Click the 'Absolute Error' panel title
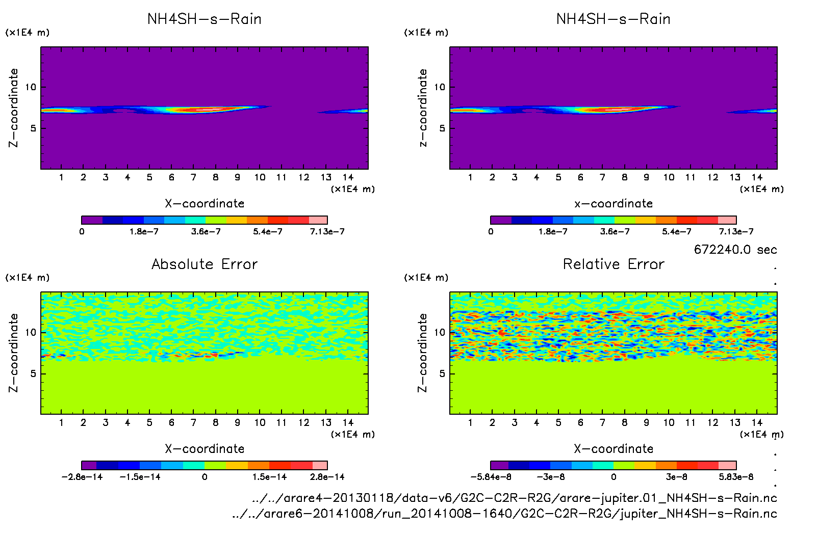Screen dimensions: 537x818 (x=205, y=264)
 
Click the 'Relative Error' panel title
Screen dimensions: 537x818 (x=613, y=264)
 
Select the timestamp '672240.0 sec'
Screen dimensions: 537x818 (x=735, y=250)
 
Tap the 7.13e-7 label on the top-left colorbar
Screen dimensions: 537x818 (x=327, y=232)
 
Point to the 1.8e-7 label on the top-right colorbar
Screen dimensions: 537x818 (x=553, y=232)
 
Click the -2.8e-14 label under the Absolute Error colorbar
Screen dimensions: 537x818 (x=82, y=477)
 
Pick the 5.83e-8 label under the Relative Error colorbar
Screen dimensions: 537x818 (x=736, y=477)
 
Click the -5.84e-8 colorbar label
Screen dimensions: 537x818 (x=491, y=477)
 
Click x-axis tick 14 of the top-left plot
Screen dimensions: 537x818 (x=348, y=177)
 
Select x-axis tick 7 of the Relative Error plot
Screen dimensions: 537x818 (x=602, y=422)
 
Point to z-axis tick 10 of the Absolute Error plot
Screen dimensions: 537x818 (x=31, y=333)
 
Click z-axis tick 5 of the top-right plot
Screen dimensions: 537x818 (x=442, y=128)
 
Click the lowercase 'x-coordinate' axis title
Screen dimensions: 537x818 (x=613, y=204)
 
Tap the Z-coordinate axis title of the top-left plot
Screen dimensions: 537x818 (x=13, y=108)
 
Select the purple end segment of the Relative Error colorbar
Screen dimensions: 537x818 (x=500, y=465)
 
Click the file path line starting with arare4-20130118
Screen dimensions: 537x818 (x=514, y=498)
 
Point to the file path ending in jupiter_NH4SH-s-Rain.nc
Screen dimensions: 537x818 (x=504, y=514)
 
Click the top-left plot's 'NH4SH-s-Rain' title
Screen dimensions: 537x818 (x=205, y=19)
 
